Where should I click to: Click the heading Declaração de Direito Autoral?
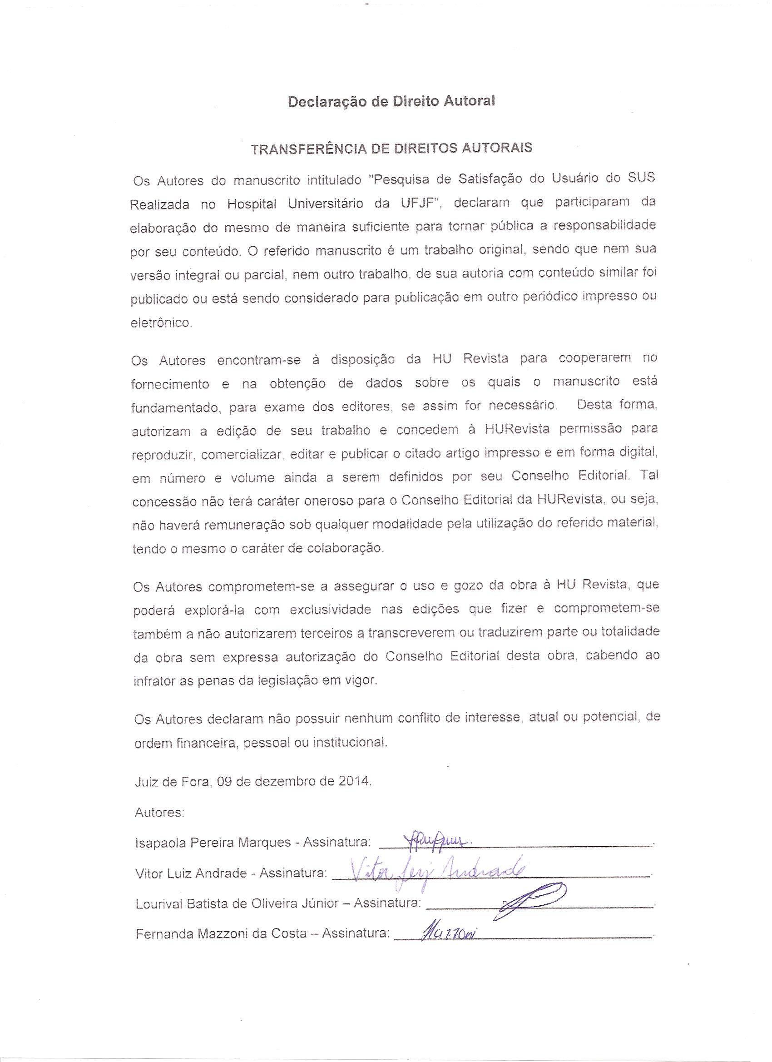(391, 102)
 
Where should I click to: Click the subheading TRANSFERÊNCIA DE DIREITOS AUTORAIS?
(391, 149)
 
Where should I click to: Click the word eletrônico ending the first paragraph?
(161, 323)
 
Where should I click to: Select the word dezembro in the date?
(286, 782)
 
